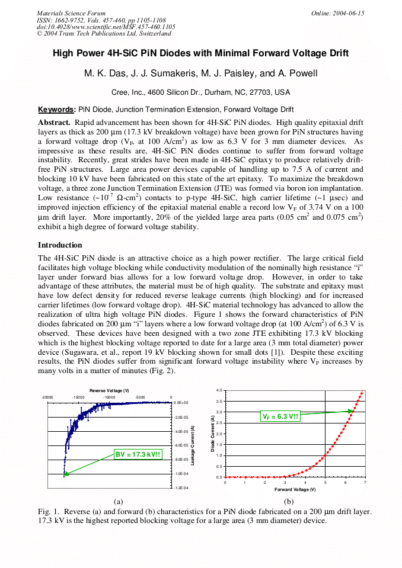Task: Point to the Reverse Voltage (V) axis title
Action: pos(109,390)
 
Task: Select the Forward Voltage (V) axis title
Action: pos(295,490)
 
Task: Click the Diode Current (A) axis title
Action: pos(212,434)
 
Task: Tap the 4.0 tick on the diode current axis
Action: pos(219,390)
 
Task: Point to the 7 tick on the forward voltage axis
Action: pos(365,483)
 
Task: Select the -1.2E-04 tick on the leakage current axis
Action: pos(181,488)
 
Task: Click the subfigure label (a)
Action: pos(119,501)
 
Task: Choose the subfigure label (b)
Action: pos(289,501)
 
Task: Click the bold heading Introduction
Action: pos(60,245)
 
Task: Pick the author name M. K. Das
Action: pos(103,73)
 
